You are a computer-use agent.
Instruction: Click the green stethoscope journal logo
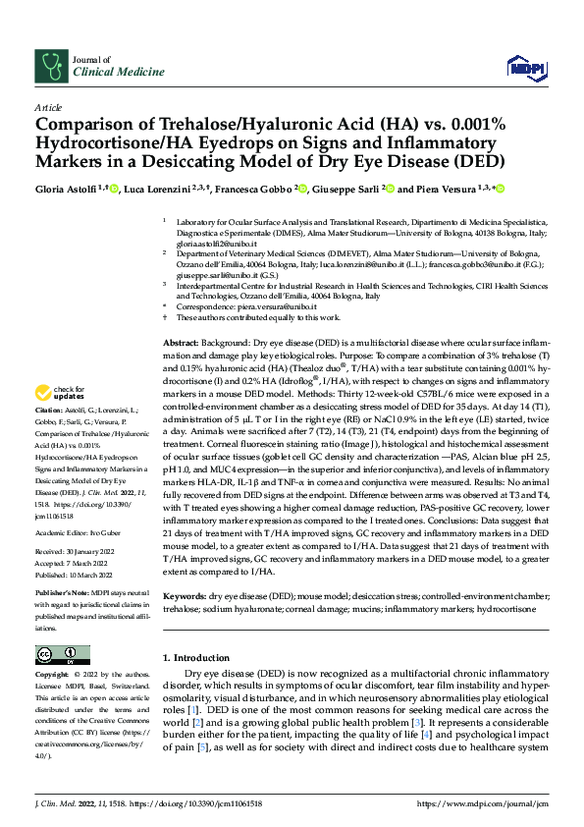(x=50, y=66)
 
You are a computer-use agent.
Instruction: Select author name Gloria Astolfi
(x=66, y=189)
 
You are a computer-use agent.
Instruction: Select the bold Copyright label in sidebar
(x=51, y=676)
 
